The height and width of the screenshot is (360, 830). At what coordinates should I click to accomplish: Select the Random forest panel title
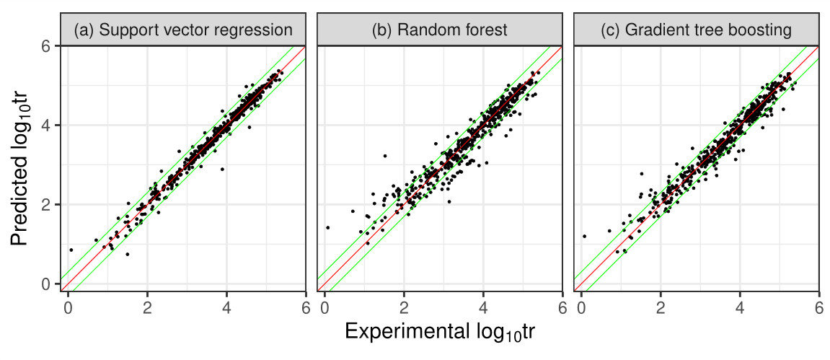click(x=439, y=30)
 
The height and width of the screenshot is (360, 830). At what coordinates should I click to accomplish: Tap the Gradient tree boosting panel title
click(x=696, y=30)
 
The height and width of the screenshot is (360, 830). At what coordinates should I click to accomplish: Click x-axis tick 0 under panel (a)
click(x=68, y=305)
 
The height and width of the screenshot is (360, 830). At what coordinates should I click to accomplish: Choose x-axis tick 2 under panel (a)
click(x=147, y=305)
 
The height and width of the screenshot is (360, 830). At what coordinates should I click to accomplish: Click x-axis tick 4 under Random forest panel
click(x=483, y=305)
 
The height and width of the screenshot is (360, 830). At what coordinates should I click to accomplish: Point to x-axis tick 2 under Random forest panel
click(x=404, y=305)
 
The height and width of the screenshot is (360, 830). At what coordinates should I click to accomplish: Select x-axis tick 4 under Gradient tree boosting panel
click(x=739, y=305)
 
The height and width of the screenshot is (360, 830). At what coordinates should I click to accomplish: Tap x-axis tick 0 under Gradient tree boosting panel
click(x=580, y=305)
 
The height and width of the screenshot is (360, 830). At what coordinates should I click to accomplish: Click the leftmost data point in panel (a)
click(x=71, y=250)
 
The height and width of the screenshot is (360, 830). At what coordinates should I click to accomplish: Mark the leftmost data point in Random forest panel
click(x=327, y=227)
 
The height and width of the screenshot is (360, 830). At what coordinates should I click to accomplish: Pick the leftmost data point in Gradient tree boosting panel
click(x=584, y=236)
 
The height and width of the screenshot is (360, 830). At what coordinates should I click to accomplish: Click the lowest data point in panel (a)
click(x=128, y=254)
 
